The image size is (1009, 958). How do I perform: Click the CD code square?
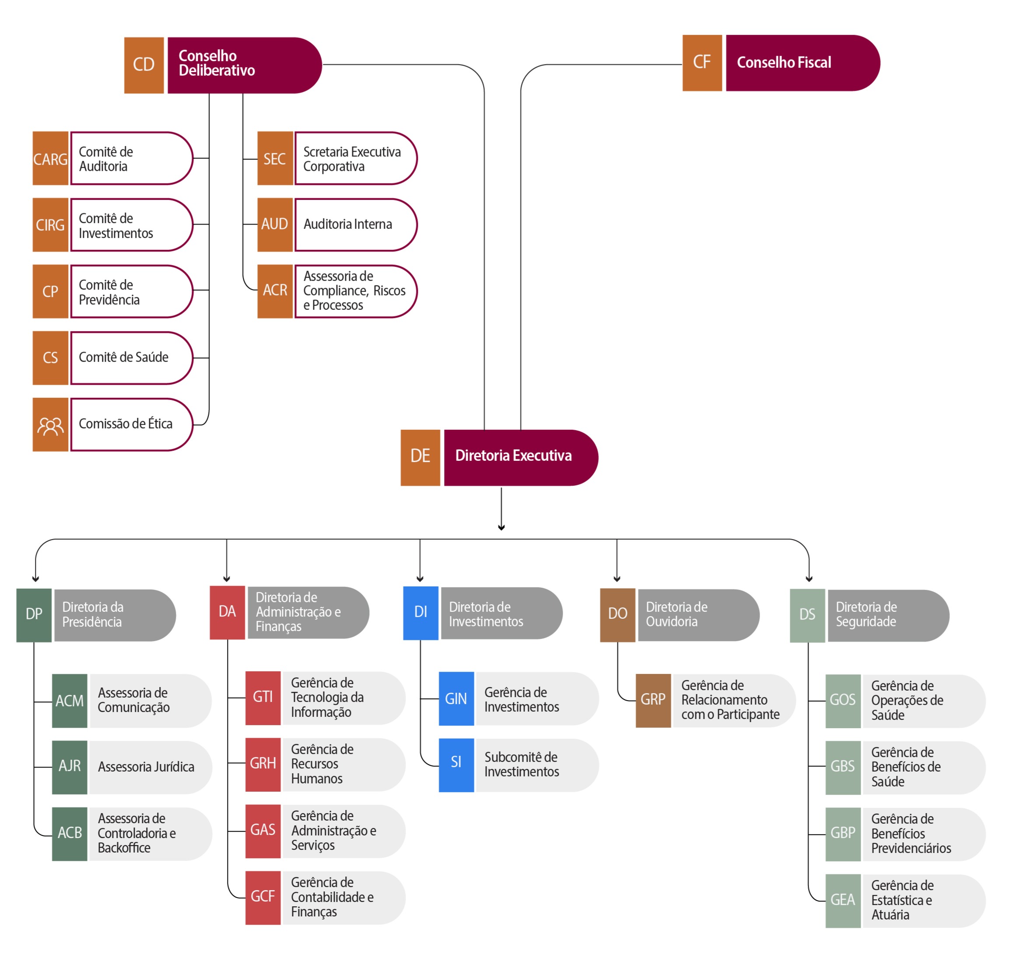pyautogui.click(x=144, y=65)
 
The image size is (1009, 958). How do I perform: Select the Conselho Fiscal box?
pyautogui.click(x=802, y=63)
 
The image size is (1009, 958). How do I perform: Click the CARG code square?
pyautogui.click(x=51, y=158)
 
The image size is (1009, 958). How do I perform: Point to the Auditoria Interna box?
pyautogui.click(x=356, y=225)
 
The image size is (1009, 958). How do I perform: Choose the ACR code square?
pyautogui.click(x=275, y=291)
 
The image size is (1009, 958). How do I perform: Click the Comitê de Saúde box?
pyautogui.click(x=132, y=358)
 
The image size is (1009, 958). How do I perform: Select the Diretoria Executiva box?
pyautogui.click(x=521, y=457)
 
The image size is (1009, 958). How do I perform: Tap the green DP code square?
pyautogui.click(x=34, y=615)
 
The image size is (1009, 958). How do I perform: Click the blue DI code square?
pyautogui.click(x=421, y=613)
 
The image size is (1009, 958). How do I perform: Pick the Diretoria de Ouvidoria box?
pyautogui.click(x=698, y=615)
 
